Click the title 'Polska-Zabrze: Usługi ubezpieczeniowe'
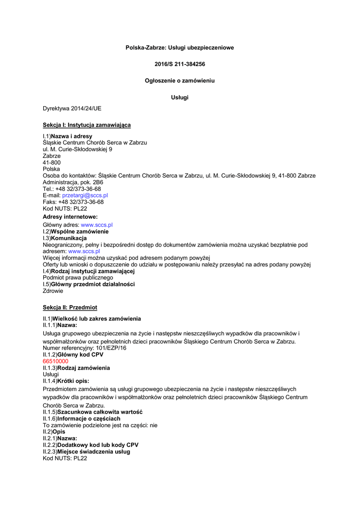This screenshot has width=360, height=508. (x=179, y=48)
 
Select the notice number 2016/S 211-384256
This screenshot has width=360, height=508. (x=180, y=64)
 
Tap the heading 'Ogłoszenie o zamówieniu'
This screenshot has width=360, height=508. (x=180, y=80)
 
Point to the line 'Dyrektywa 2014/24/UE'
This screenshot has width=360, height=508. (x=72, y=109)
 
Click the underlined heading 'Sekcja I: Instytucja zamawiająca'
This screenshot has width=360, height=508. (x=87, y=125)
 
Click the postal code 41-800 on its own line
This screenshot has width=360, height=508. (x=52, y=162)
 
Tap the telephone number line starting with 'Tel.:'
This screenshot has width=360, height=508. (x=72, y=189)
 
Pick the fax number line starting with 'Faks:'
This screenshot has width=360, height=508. (x=73, y=202)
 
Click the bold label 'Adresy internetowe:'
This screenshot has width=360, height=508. (x=70, y=217)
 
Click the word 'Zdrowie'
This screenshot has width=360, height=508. (x=53, y=291)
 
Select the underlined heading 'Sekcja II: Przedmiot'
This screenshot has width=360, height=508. (x=70, y=308)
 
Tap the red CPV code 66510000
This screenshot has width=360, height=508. (x=56, y=361)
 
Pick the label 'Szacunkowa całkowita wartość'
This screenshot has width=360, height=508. (x=100, y=412)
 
